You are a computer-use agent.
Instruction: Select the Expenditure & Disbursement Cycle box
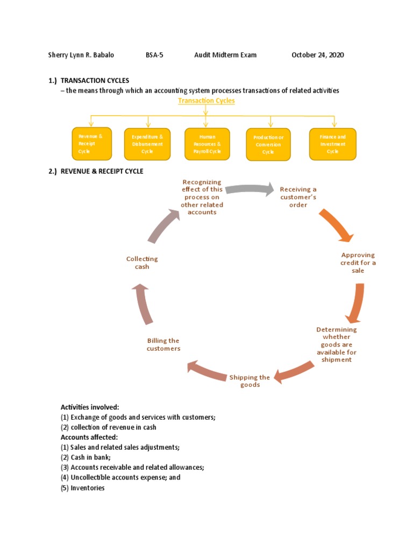coord(147,144)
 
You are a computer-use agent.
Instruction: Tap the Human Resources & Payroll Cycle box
coord(207,144)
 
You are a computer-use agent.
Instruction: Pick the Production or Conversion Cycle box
coord(268,144)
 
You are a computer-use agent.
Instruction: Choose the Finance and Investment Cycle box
coord(332,144)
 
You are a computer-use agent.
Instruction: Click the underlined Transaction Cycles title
coord(206,101)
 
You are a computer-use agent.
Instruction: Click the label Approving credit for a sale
coord(358,263)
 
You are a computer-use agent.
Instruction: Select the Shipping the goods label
coord(250,381)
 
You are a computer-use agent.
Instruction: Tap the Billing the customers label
coord(163,344)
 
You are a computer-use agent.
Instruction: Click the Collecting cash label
coord(142,263)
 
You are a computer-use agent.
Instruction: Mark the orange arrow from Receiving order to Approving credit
coord(337,225)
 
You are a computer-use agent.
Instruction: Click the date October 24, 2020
coord(317,55)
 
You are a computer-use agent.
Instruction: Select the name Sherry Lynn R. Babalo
coord(81,55)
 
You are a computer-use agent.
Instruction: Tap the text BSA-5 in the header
coord(154,55)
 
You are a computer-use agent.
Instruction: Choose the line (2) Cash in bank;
coord(86,457)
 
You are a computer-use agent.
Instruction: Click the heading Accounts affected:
coord(89,437)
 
